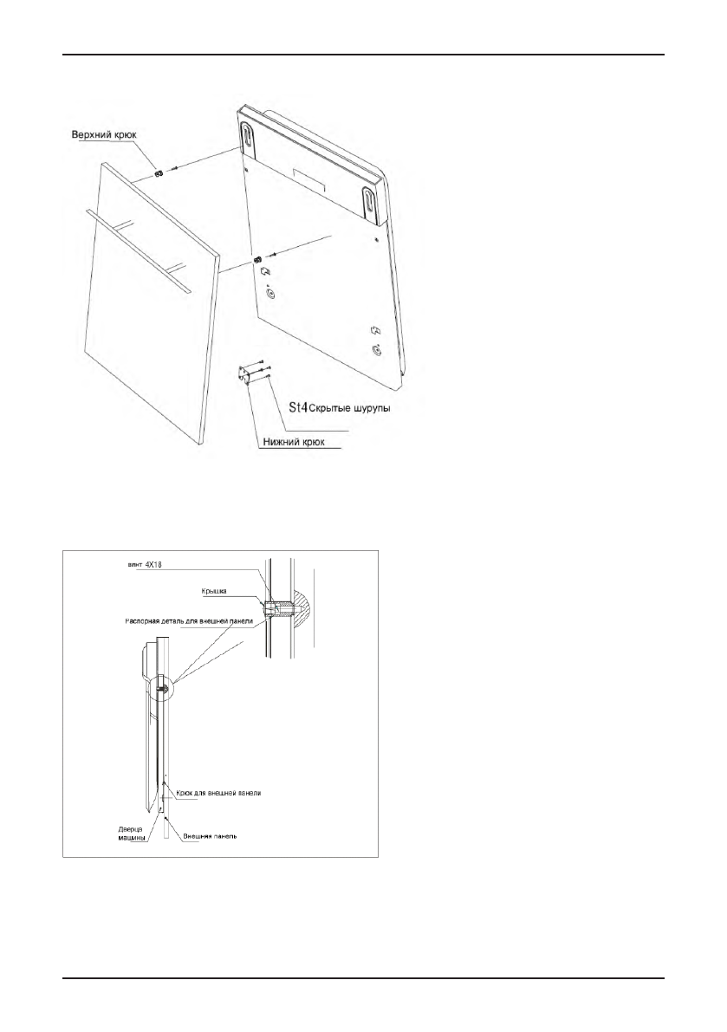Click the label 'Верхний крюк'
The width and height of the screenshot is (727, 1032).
[x=107, y=135]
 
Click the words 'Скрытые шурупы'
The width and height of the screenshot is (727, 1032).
[x=347, y=408]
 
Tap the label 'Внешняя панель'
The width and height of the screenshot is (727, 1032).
[x=208, y=837]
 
